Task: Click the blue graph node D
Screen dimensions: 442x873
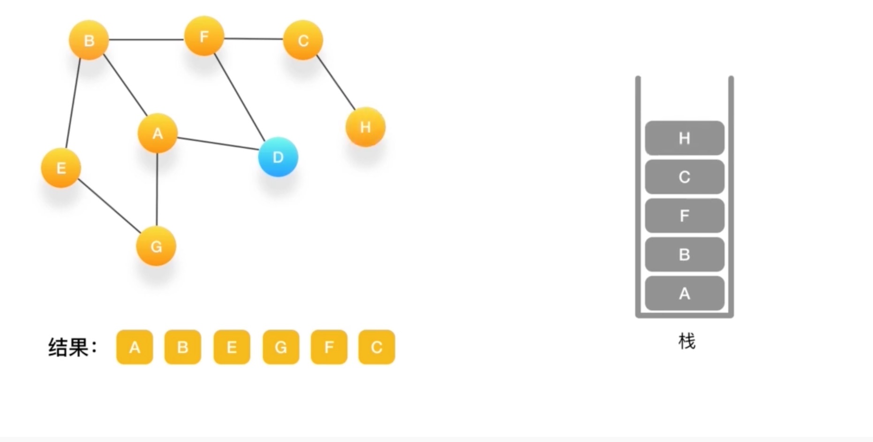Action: click(278, 157)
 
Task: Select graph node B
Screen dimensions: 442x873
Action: click(89, 40)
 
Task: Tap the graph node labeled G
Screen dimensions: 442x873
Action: click(156, 246)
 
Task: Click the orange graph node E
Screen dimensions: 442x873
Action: click(61, 168)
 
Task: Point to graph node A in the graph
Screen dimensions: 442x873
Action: click(158, 134)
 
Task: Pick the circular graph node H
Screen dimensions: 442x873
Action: click(365, 127)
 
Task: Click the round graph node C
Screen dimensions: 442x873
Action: click(303, 40)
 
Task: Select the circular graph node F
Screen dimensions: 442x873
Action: click(204, 37)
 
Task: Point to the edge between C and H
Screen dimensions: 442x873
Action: click(336, 83)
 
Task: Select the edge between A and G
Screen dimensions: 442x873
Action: click(157, 190)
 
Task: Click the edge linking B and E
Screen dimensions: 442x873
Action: click(73, 103)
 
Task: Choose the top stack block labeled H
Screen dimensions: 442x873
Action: click(684, 138)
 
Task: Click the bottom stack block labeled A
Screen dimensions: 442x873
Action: click(684, 293)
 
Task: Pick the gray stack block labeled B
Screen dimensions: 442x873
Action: click(684, 254)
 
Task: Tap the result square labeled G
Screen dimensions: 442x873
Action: click(281, 347)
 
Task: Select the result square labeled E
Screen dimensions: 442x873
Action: click(232, 347)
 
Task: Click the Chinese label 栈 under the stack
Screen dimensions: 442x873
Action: click(687, 341)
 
